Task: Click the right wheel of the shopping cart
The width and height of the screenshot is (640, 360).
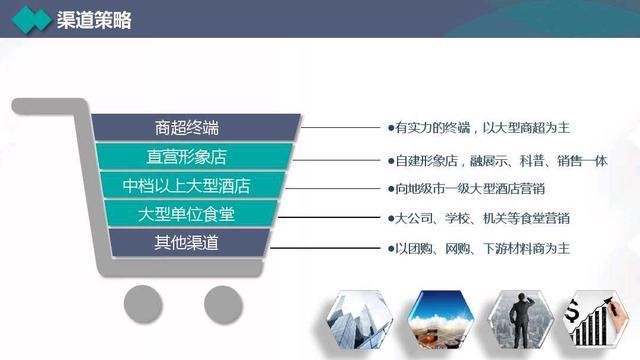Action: click(x=222, y=302)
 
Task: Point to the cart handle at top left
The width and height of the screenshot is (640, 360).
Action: click(x=40, y=103)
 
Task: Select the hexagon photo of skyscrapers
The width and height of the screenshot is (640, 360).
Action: click(x=359, y=322)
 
